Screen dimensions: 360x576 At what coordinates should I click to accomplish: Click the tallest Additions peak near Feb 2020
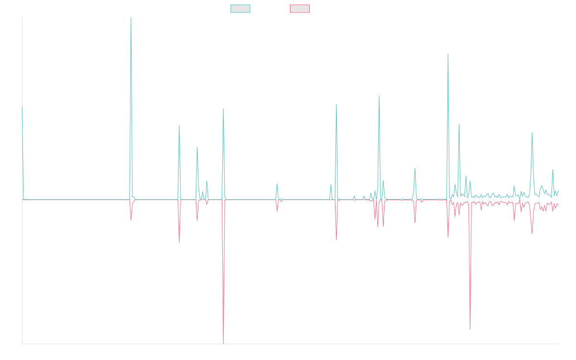click(x=131, y=18)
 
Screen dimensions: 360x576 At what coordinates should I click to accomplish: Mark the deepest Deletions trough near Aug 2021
click(x=223, y=343)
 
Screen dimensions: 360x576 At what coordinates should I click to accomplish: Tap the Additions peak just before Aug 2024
click(x=448, y=54)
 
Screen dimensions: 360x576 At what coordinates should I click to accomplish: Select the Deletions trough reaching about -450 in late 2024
click(x=470, y=329)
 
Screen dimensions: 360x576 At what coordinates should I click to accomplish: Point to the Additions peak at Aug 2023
click(x=379, y=96)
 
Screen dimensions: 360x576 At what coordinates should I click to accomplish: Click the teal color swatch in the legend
click(x=240, y=9)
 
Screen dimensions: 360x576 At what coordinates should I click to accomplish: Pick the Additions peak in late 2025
click(x=532, y=133)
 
